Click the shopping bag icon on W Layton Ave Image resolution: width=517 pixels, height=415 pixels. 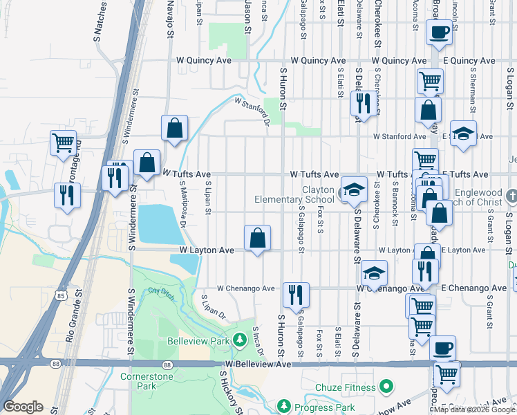click(x=257, y=239)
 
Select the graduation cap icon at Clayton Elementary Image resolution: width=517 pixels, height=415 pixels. click(x=354, y=190)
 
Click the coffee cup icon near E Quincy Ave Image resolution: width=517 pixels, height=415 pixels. click(x=440, y=32)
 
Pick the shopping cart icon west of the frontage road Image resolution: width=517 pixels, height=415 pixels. click(x=63, y=143)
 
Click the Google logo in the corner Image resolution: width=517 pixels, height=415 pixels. click(x=23, y=407)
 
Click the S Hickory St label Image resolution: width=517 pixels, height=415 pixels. click(x=230, y=393)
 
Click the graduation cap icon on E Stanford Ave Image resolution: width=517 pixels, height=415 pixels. click(x=463, y=133)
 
